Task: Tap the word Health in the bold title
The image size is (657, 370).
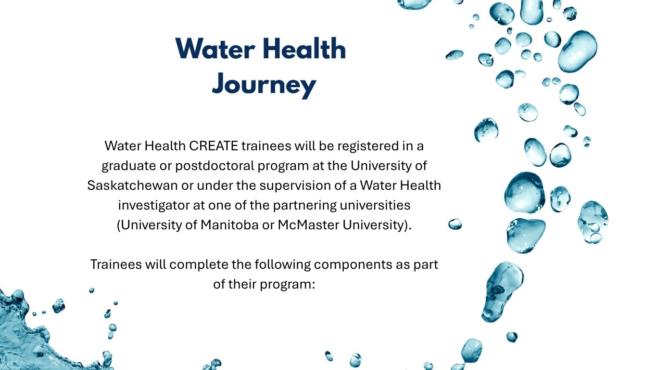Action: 304,49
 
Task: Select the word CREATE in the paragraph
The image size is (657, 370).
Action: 213,146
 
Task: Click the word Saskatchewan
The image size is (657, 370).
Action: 132,185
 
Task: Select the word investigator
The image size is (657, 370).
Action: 154,206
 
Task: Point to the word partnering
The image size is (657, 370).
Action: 305,206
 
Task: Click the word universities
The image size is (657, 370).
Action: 375,205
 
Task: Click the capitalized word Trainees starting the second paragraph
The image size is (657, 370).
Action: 116,264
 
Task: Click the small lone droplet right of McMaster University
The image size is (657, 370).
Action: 455,224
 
